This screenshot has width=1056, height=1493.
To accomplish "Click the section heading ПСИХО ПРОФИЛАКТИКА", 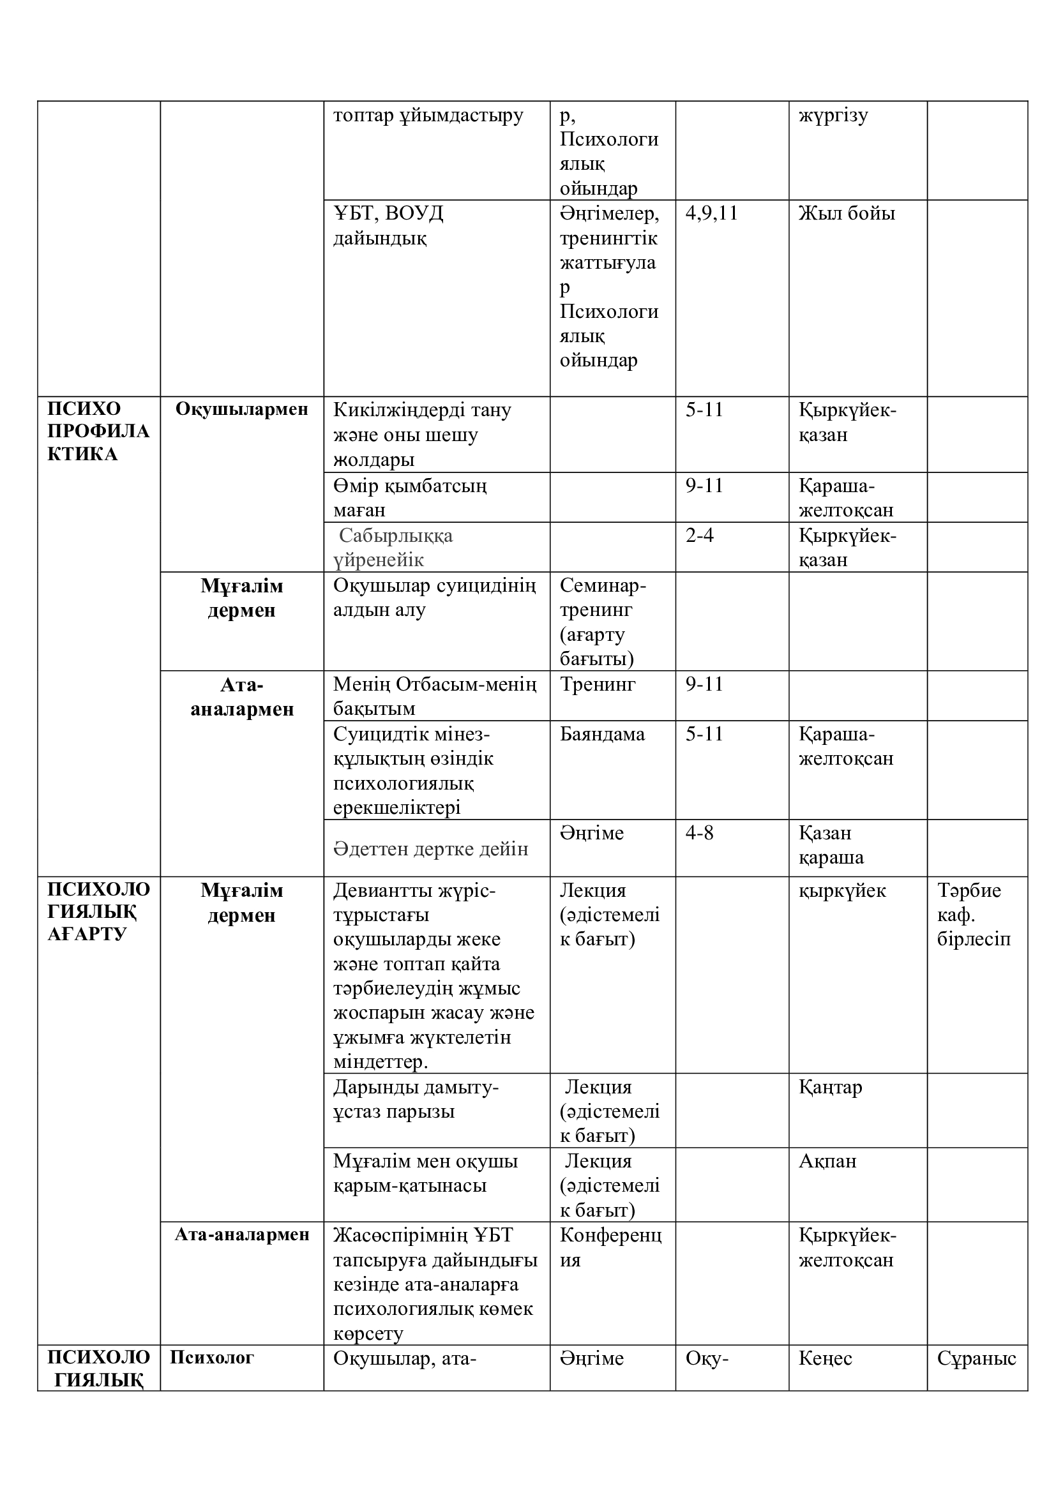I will pyautogui.click(x=98, y=431).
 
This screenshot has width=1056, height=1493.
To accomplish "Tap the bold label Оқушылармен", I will pyautogui.click(x=241, y=409).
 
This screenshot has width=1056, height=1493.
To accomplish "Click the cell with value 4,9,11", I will pyautogui.click(x=711, y=213).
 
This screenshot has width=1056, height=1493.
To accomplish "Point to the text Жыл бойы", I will pyautogui.click(x=846, y=213).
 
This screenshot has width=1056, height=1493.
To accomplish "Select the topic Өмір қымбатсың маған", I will pyautogui.click(x=410, y=497).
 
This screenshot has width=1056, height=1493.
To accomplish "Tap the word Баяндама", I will pyautogui.click(x=602, y=733).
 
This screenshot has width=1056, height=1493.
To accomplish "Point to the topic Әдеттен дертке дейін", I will pyautogui.click(x=430, y=848).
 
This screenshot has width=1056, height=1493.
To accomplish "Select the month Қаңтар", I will pyautogui.click(x=831, y=1086).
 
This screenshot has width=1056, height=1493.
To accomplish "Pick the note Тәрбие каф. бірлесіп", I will pyautogui.click(x=974, y=914).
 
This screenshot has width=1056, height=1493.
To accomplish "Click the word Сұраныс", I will pyautogui.click(x=976, y=1358).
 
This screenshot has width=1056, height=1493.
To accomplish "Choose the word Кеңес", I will pyautogui.click(x=825, y=1358).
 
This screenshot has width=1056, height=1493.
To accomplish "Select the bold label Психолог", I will pyautogui.click(x=211, y=1357).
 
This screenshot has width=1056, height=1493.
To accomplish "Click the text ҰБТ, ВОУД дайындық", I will pyautogui.click(x=388, y=225).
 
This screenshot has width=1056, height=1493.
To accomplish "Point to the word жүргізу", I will pyautogui.click(x=833, y=116).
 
